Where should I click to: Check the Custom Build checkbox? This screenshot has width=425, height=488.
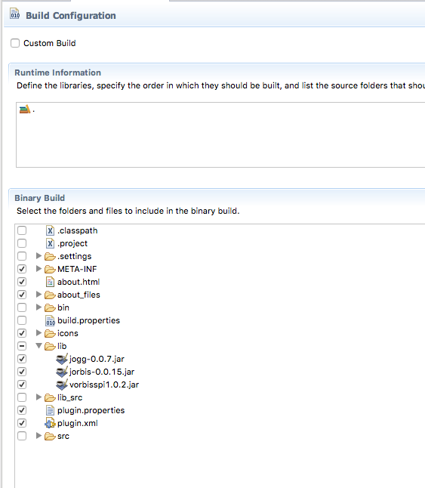click(x=15, y=43)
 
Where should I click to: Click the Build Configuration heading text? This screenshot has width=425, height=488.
click(x=70, y=16)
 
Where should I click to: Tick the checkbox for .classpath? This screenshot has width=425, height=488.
click(x=22, y=230)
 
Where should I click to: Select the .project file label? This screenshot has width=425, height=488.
click(x=72, y=243)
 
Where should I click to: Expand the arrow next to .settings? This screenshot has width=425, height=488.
click(x=38, y=256)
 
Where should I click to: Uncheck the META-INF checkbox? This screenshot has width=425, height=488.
click(x=22, y=269)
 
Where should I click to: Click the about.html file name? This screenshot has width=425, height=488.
click(x=79, y=282)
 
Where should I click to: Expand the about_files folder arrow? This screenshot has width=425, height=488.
click(x=38, y=295)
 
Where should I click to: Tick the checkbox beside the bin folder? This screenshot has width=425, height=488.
click(x=22, y=307)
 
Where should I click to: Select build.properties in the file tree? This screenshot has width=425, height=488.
click(x=88, y=320)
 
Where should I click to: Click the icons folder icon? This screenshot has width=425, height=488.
click(x=50, y=333)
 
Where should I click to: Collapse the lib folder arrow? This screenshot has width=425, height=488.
click(x=38, y=346)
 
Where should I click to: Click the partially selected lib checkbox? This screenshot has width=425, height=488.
click(x=22, y=346)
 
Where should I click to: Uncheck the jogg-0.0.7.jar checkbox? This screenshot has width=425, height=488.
click(x=22, y=359)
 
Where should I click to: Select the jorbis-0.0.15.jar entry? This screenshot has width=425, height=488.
click(x=102, y=372)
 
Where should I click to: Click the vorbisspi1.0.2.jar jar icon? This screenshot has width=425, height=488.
click(x=62, y=385)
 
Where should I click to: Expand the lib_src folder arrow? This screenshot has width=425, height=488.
click(x=38, y=397)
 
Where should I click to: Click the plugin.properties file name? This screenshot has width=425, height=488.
click(x=91, y=410)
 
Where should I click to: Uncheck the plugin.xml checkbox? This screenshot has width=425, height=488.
click(x=22, y=423)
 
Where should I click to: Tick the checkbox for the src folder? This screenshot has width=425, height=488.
click(x=22, y=436)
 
